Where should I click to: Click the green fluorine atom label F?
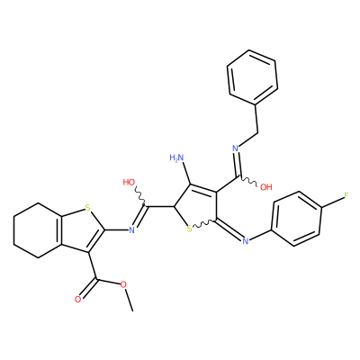click(346, 196)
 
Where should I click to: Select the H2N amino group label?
click(176, 157)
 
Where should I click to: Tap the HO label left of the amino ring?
click(129, 183)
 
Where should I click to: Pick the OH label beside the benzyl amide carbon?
click(265, 187)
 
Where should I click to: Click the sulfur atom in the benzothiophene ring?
click(87, 208)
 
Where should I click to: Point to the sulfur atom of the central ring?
click(189, 229)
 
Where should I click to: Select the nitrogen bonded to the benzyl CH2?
click(235, 148)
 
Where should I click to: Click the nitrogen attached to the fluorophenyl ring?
click(245, 241)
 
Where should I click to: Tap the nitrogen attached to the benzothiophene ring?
click(131, 230)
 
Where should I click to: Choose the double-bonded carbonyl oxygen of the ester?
click(77, 300)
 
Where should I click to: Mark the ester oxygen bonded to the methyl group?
click(123, 284)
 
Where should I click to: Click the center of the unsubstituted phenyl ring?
click(252, 77)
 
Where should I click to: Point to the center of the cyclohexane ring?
click(38, 230)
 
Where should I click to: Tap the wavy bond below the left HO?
click(140, 196)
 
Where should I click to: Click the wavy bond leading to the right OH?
click(248, 180)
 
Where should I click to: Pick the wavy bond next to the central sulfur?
click(203, 223)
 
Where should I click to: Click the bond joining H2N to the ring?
click(185, 173)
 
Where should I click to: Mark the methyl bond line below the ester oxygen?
click(129, 300)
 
